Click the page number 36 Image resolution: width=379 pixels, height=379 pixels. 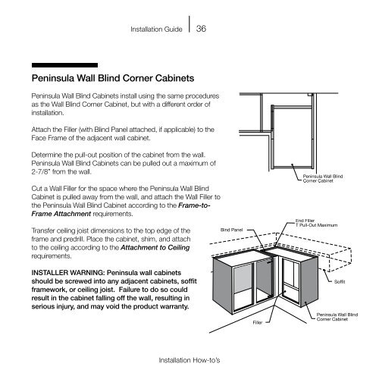pos(201,29)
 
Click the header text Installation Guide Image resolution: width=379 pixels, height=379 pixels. pos(156,30)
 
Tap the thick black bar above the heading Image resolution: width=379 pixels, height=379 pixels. pos(64,65)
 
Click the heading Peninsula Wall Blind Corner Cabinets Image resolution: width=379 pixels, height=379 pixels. pos(113,78)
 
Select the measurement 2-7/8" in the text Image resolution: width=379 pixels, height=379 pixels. pos(40,172)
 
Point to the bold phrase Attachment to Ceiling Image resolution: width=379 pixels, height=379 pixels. pos(155,248)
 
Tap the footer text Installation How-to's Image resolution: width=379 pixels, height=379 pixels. pos(189,360)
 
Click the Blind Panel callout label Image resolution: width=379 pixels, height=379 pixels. pos(231,230)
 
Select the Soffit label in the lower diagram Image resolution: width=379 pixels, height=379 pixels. pos(340,281)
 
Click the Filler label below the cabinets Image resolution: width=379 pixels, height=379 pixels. pos(258,322)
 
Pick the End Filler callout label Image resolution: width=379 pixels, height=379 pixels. pos(305,221)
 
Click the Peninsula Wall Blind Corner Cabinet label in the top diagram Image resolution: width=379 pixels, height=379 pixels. pos(323,178)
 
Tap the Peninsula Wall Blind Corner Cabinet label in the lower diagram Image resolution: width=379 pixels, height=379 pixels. pos(337,317)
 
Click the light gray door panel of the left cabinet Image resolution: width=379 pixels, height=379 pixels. pos(243,278)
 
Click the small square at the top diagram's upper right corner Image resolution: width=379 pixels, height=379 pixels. pos(310,96)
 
